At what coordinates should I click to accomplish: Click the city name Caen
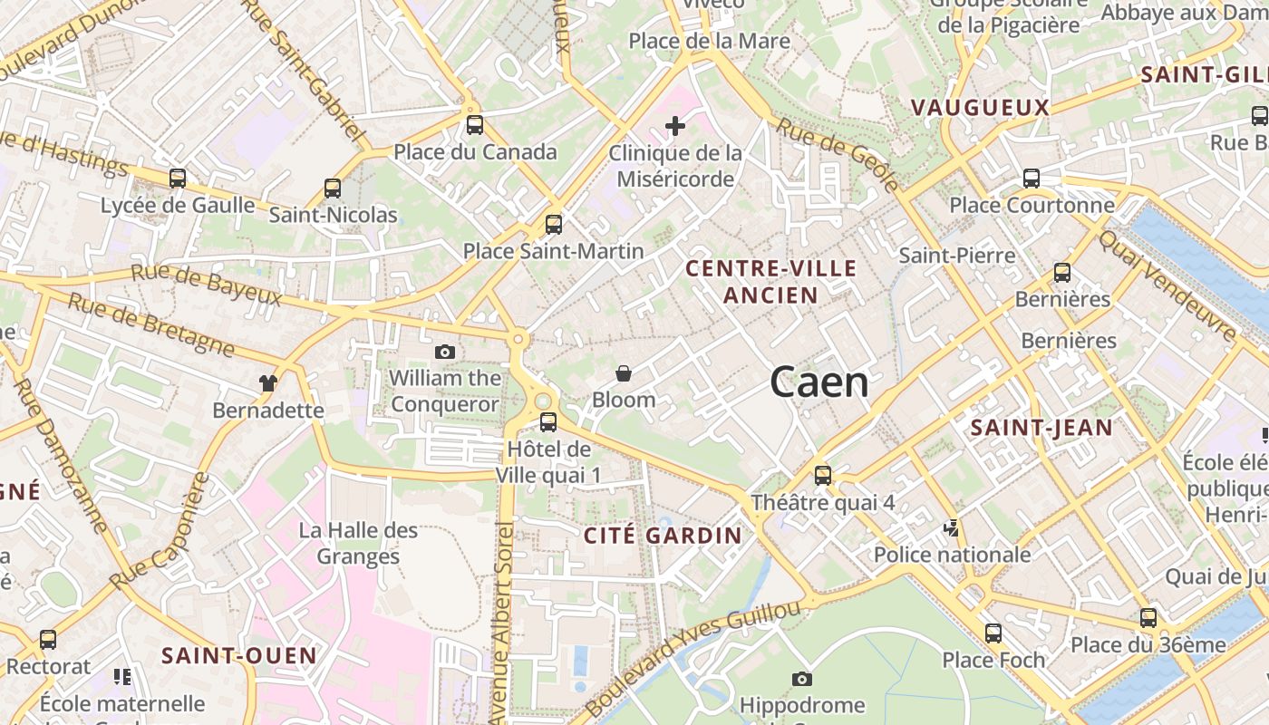click(819, 383)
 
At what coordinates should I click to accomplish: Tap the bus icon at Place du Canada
click(475, 125)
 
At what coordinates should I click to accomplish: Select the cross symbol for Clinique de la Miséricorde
click(675, 126)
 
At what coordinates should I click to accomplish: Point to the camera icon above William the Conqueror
click(444, 352)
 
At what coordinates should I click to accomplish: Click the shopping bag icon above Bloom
click(624, 373)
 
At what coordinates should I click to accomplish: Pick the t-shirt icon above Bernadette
click(267, 383)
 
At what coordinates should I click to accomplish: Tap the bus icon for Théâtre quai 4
click(823, 475)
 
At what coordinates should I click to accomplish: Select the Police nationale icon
click(952, 528)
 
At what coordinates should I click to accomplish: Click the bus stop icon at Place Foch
click(993, 633)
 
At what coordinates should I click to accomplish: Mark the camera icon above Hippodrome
click(802, 679)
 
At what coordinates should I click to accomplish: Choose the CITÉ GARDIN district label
click(663, 536)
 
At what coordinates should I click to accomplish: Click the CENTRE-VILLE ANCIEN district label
click(770, 281)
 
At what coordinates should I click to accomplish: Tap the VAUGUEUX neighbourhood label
click(980, 108)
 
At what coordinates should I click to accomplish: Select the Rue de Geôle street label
click(838, 155)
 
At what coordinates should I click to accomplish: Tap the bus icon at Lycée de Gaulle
click(178, 179)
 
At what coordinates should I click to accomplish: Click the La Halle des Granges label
click(358, 543)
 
